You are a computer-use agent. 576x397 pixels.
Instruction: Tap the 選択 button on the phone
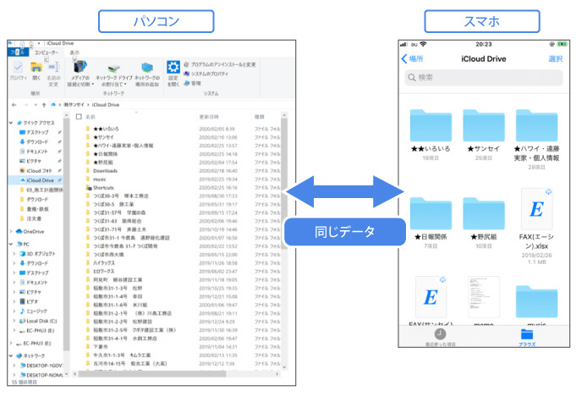[555, 58]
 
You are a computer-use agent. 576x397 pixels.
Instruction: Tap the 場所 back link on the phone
[412, 58]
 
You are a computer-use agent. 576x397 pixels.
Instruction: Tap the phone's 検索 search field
[482, 78]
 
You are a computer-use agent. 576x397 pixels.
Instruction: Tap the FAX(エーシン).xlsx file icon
[538, 211]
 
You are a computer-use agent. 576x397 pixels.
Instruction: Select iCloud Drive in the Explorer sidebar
[41, 180]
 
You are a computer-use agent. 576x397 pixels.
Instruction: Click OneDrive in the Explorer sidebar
[34, 230]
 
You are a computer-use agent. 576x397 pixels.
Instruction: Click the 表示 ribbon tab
[74, 52]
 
